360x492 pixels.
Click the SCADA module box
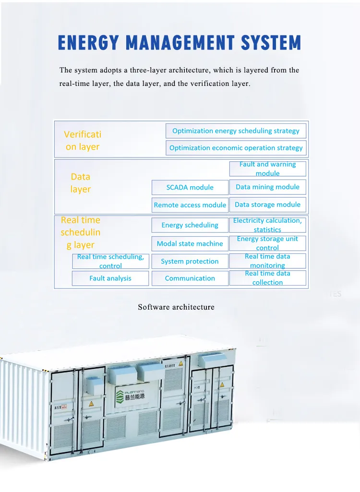(190, 187)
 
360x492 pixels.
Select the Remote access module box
(190, 205)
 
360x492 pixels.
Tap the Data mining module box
(267, 187)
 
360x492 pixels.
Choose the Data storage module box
(267, 204)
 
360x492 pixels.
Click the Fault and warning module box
(267, 168)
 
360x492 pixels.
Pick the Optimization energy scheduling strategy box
(236, 131)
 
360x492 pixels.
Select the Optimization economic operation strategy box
(236, 148)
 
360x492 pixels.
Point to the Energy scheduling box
(190, 225)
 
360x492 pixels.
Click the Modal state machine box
(190, 243)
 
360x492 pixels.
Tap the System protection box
(190, 261)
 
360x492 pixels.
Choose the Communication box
(190, 278)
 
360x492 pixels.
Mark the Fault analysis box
(110, 278)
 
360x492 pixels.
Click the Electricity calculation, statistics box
(267, 225)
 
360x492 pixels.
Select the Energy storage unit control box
(267, 243)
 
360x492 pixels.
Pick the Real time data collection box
(267, 278)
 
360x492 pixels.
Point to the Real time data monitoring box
(267, 261)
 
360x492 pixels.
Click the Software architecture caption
(176, 307)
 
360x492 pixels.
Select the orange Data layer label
(81, 183)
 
